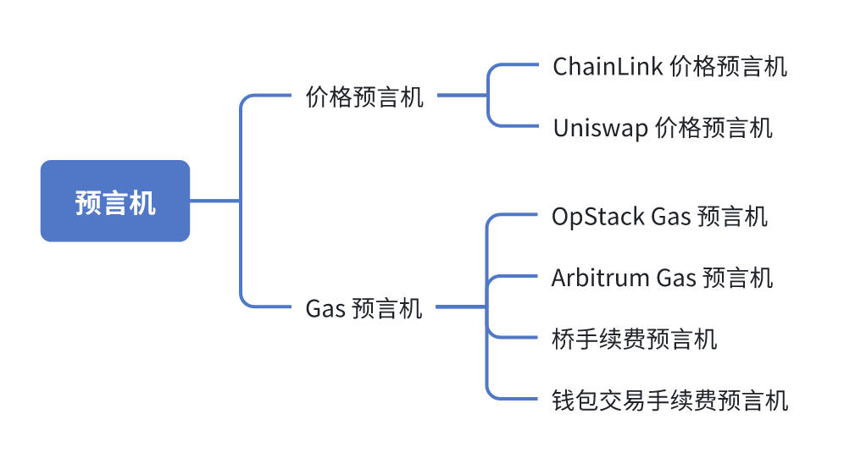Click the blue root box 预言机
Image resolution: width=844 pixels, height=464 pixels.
[115, 201]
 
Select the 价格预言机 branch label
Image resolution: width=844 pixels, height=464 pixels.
[364, 97]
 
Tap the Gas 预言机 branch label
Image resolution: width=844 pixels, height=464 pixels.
[364, 308]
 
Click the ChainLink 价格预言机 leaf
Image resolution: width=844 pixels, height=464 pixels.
[669, 67]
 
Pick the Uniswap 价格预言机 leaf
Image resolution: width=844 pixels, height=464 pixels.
[663, 129]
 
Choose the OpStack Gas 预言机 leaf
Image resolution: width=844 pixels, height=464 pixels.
[659, 217]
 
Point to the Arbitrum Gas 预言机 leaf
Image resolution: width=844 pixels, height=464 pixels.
[662, 278]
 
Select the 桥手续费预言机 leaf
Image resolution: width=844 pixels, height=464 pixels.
[634, 340]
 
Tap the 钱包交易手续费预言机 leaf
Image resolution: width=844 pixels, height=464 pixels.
[669, 400]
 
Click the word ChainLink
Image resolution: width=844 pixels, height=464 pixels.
[608, 67]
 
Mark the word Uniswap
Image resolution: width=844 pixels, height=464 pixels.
[600, 129]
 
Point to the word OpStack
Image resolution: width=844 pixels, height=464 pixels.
[598, 218]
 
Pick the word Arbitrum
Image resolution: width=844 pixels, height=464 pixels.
[601, 278]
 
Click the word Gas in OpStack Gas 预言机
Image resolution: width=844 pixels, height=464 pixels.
[670, 218]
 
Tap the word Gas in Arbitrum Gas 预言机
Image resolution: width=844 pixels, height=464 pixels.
[676, 279]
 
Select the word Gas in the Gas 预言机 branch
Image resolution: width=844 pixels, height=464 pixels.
[325, 309]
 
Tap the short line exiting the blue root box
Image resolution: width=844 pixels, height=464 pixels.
[214, 201]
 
